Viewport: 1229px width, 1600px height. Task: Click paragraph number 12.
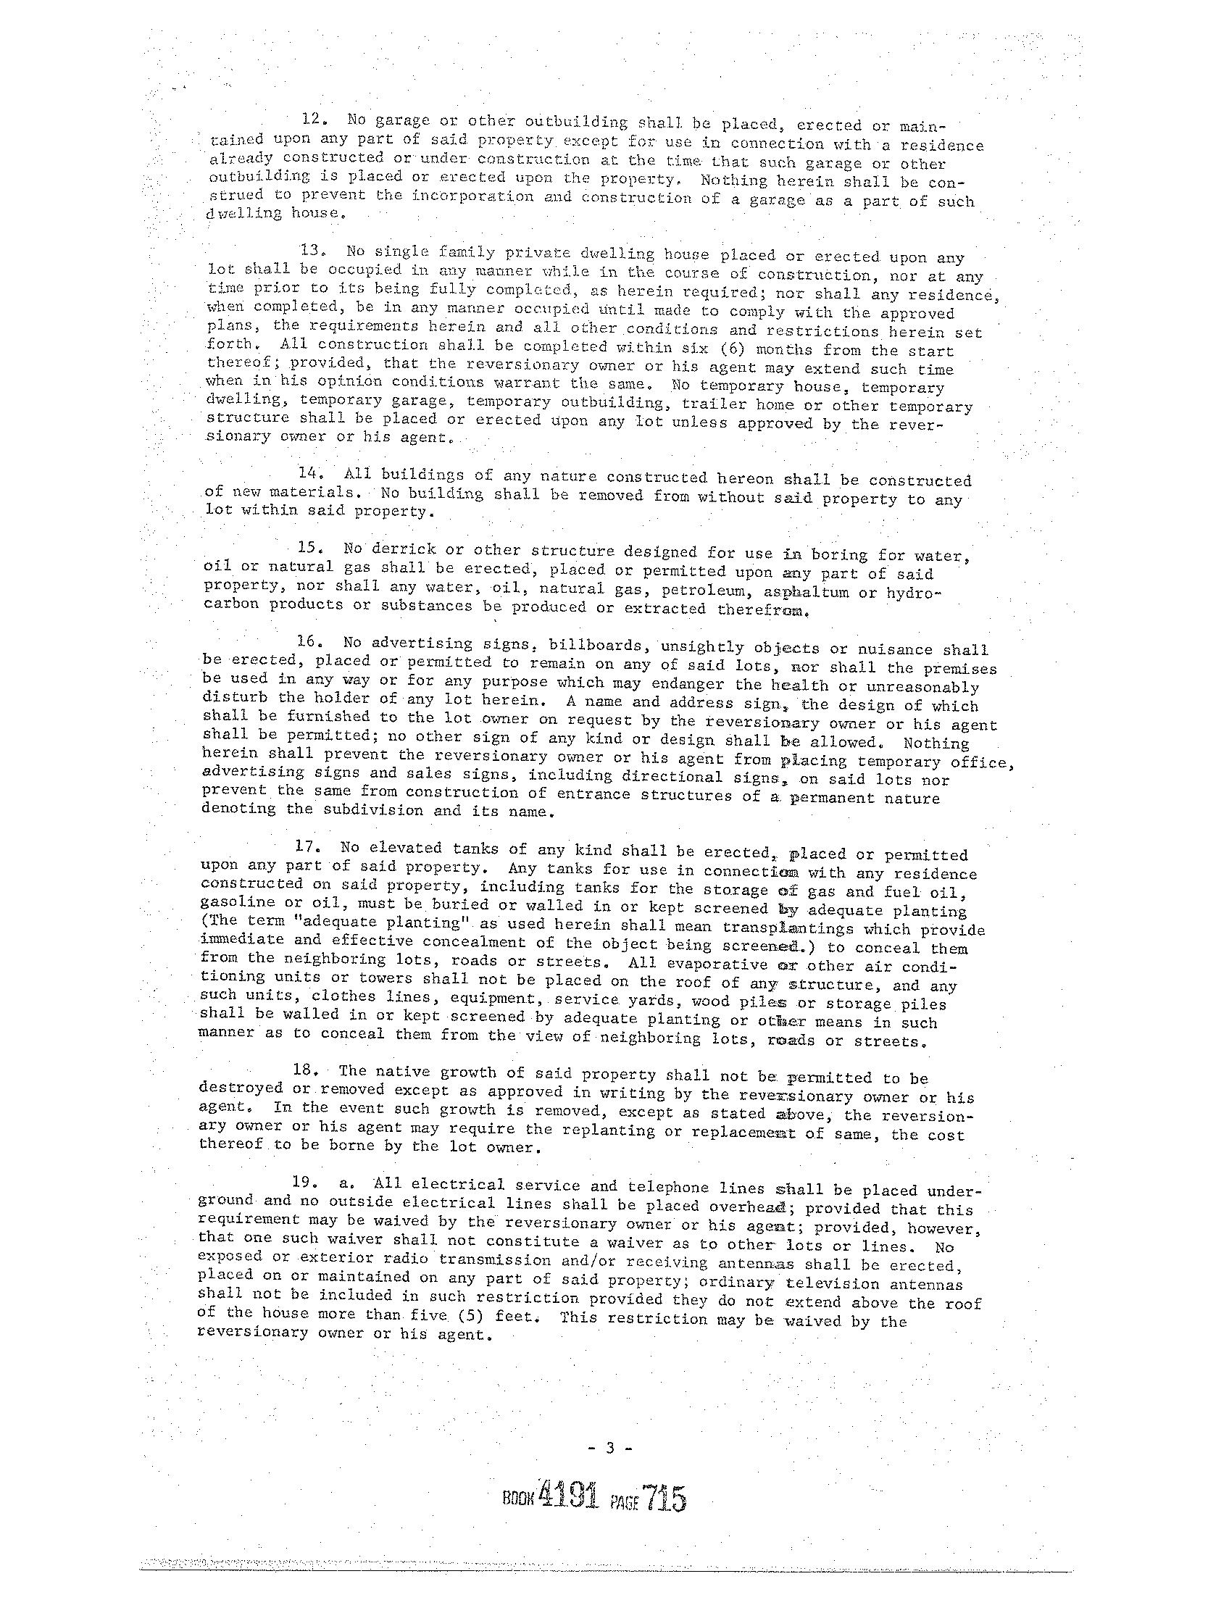pos(315,120)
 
